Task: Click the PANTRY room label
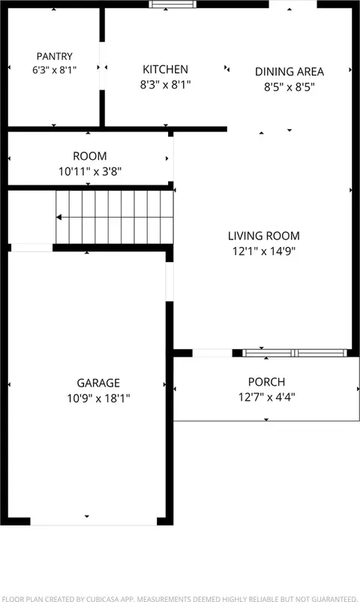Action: tap(55, 56)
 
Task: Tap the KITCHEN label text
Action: tap(166, 70)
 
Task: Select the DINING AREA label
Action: tap(289, 72)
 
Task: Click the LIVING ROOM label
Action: tap(264, 236)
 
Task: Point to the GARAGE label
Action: tap(98, 383)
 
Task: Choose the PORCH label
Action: tap(267, 382)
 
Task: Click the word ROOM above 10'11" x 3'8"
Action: tap(90, 156)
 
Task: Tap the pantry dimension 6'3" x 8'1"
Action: tap(55, 70)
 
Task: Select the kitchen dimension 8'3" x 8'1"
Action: tap(166, 85)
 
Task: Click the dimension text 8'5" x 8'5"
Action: tap(289, 87)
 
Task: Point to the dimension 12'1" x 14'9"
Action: tap(264, 251)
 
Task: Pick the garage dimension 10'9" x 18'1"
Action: tap(98, 399)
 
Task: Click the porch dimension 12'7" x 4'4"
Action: tap(267, 397)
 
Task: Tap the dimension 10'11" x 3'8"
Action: tap(90, 171)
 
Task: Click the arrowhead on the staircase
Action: tap(58, 217)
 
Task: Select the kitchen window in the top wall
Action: tap(172, 5)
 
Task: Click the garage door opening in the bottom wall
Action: tap(93, 522)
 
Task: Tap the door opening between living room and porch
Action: tap(212, 354)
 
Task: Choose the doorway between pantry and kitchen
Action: tap(102, 65)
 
